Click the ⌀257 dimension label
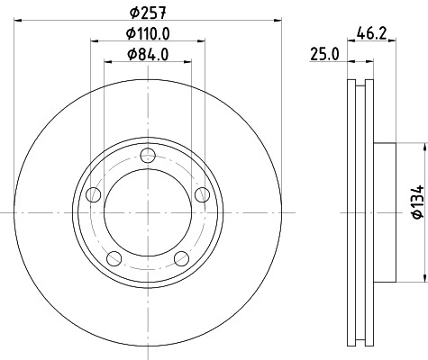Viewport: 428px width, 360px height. (x=149, y=13)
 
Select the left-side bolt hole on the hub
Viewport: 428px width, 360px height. (x=91, y=193)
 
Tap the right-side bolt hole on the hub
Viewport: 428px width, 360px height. (x=204, y=193)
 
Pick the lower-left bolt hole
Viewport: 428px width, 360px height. (x=113, y=259)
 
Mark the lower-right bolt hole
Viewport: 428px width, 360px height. (x=182, y=259)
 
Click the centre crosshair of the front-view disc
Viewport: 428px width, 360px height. (x=148, y=212)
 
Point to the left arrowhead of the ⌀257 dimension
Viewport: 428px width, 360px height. (x=18, y=20)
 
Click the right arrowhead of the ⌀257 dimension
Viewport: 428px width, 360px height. (x=278, y=20)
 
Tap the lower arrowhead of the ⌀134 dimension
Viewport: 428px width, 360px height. (x=423, y=277)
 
